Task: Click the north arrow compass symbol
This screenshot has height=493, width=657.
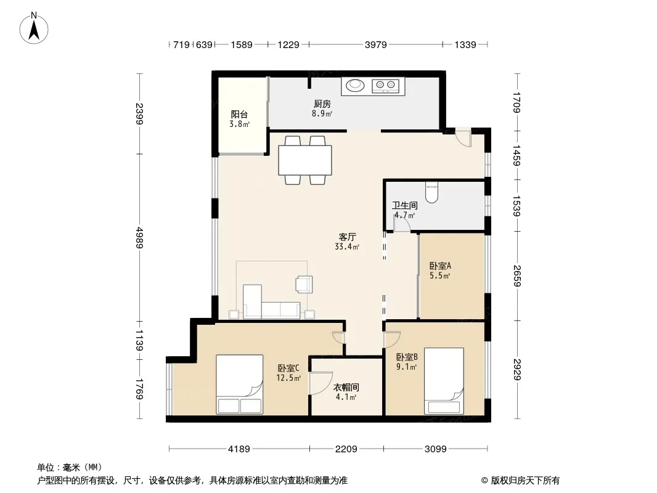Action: click(x=34, y=28)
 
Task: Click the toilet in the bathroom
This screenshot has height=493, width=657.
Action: click(x=431, y=192)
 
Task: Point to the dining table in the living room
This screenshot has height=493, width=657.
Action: click(x=305, y=160)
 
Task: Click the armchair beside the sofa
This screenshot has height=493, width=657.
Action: click(x=304, y=284)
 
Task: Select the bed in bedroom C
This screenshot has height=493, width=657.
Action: click(x=240, y=385)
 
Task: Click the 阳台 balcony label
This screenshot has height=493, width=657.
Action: click(x=239, y=115)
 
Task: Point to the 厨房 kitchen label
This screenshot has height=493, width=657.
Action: click(x=322, y=104)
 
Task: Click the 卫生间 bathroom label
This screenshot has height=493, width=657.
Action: click(x=405, y=205)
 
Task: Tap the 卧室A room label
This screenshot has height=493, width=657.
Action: click(x=440, y=266)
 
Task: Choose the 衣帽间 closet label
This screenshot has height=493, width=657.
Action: click(x=346, y=388)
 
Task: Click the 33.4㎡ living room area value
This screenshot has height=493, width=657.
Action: click(x=347, y=246)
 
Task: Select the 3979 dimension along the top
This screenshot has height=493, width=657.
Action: click(x=375, y=44)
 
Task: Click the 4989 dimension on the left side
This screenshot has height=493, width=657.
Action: click(x=139, y=237)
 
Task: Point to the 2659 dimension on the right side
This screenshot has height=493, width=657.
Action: click(x=517, y=276)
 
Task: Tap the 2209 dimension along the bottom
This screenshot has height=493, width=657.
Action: click(x=346, y=449)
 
